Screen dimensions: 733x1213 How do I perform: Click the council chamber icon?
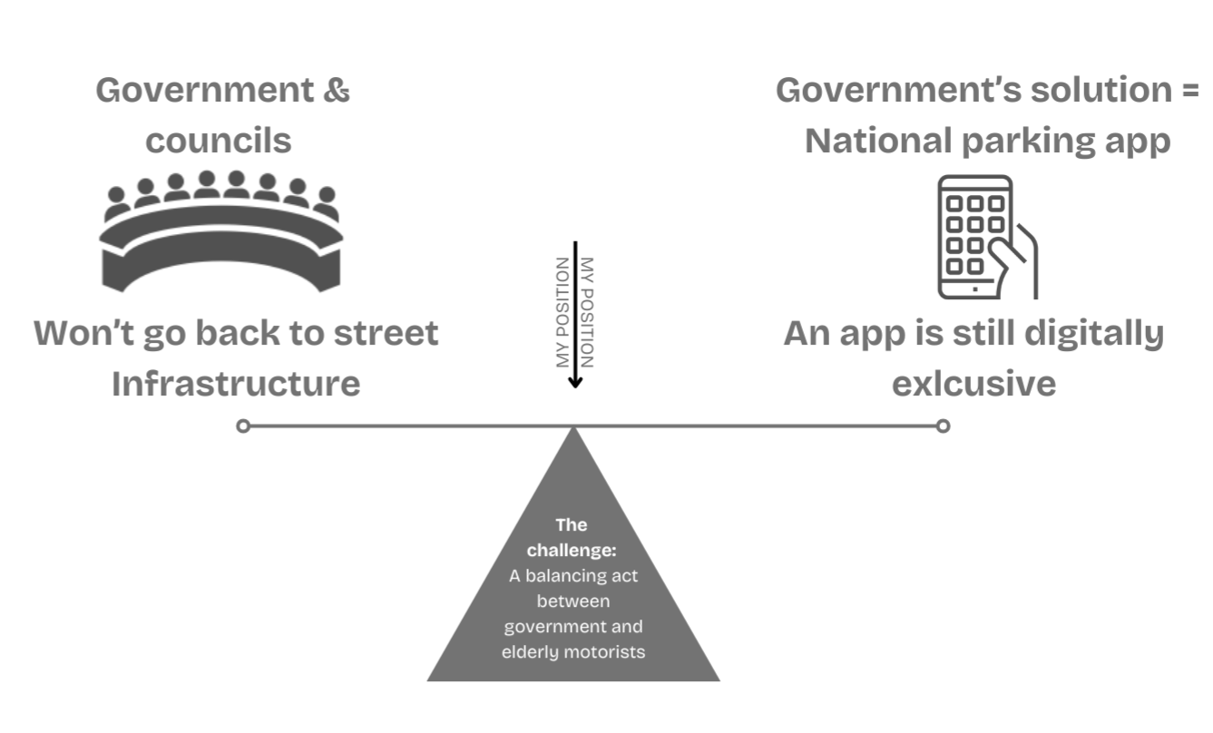220,231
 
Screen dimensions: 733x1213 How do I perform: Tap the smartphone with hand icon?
985,238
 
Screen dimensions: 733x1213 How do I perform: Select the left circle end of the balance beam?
242,425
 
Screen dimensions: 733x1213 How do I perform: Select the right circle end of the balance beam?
943,425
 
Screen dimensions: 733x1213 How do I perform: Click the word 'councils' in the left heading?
219,141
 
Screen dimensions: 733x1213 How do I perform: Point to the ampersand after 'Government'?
336,91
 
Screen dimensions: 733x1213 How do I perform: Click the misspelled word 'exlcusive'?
973,383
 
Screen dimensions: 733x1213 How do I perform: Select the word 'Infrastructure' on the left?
236,383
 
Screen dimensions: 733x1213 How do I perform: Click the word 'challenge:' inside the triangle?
572,551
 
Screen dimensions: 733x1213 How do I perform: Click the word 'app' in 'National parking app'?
1139,141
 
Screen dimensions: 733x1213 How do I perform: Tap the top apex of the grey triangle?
573,429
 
